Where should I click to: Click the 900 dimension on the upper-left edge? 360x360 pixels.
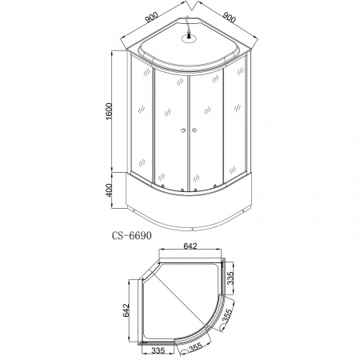pyautogui.click(x=151, y=17)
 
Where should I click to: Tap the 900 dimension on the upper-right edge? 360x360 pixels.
pyautogui.click(x=229, y=17)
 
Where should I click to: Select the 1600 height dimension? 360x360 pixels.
pyautogui.click(x=110, y=111)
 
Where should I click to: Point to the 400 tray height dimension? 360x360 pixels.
pyautogui.click(x=110, y=190)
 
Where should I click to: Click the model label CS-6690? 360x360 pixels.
pyautogui.click(x=131, y=235)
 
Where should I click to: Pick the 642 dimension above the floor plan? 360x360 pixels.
pyautogui.click(x=190, y=246)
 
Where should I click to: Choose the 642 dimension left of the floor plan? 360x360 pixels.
pyautogui.click(x=126, y=310)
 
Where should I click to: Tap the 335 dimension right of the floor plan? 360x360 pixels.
pyautogui.click(x=231, y=278)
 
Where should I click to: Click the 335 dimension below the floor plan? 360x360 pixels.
pyautogui.click(x=158, y=350)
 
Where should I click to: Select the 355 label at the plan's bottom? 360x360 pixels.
pyautogui.click(x=195, y=348)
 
